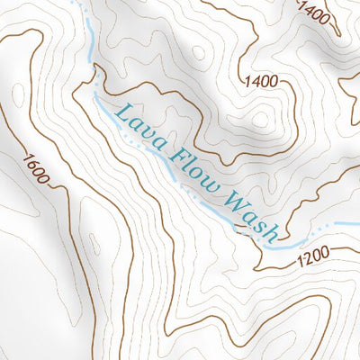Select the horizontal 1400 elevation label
coord(260,82)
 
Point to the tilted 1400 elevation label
coord(314,13)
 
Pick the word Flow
coord(192,173)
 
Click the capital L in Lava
coord(118,112)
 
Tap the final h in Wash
coord(269,233)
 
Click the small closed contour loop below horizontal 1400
coord(261,120)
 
